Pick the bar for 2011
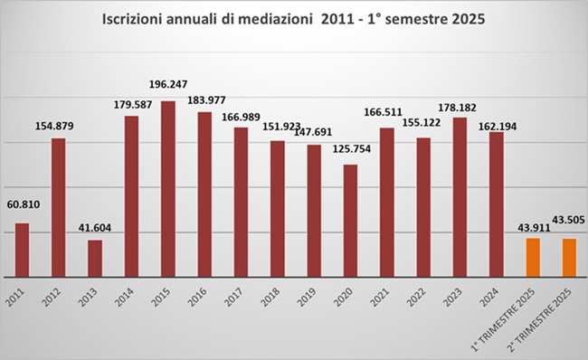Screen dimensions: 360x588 coord(22,250)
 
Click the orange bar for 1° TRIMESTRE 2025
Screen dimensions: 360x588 coord(533,257)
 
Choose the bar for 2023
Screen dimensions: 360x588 coord(460,197)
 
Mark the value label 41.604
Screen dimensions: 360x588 coord(95,228)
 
